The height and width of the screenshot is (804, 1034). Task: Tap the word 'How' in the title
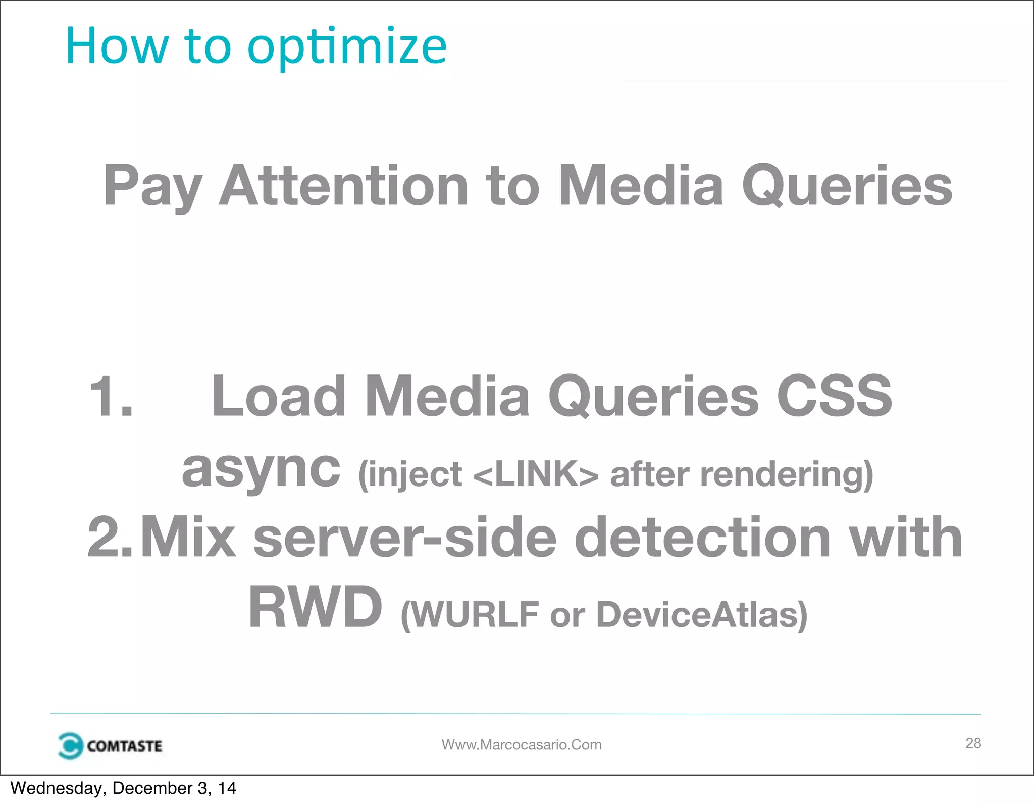pyautogui.click(x=117, y=46)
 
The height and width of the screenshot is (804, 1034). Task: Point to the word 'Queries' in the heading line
pyautogui.click(x=847, y=187)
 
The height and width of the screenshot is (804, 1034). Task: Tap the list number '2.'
pyautogui.click(x=110, y=537)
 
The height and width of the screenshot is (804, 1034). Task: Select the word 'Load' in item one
pyautogui.click(x=278, y=397)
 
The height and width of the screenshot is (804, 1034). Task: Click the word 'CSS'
pyautogui.click(x=834, y=397)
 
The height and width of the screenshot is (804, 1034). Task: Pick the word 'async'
pyautogui.click(x=261, y=469)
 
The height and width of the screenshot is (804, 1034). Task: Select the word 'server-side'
pyautogui.click(x=404, y=537)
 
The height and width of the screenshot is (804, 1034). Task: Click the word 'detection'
pyautogui.click(x=702, y=537)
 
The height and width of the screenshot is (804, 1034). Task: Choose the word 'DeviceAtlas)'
pyautogui.click(x=702, y=614)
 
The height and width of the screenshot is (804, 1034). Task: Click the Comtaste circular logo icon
pyautogui.click(x=70, y=745)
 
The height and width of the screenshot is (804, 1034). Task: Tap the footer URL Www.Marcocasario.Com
pyautogui.click(x=522, y=745)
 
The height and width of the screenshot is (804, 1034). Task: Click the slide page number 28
pyautogui.click(x=973, y=743)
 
